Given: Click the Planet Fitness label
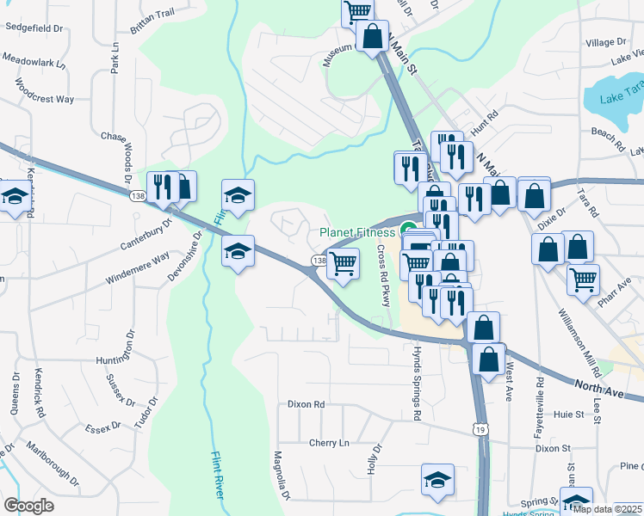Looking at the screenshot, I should (x=357, y=232).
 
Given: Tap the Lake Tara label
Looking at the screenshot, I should (x=622, y=96).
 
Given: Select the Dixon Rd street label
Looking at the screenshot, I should (x=307, y=403).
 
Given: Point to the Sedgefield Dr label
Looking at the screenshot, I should (x=35, y=28).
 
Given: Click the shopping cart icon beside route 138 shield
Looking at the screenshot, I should (x=344, y=263).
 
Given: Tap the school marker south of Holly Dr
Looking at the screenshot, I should (x=437, y=480).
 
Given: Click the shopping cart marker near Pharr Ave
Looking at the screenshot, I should (x=583, y=279).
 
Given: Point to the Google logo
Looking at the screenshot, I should (x=28, y=506).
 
